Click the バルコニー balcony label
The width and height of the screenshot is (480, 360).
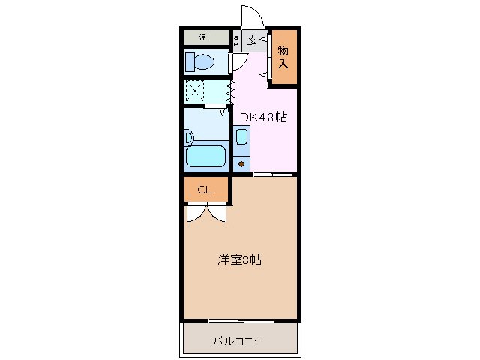(238, 341)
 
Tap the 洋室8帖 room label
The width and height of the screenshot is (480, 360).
(239, 259)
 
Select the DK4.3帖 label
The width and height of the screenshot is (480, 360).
(263, 117)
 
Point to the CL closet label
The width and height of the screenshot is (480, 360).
(205, 190)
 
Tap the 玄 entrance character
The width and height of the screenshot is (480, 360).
(253, 40)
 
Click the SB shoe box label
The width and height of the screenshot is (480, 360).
(236, 40)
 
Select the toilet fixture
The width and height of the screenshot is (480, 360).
(200, 61)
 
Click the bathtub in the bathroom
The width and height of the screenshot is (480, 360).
(205, 156)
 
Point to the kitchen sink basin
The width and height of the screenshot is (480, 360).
(241, 137)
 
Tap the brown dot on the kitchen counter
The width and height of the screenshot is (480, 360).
(241, 162)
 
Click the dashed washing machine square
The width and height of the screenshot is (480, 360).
(194, 91)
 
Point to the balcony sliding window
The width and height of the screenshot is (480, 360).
(240, 321)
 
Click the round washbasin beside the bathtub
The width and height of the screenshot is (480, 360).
(188, 137)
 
